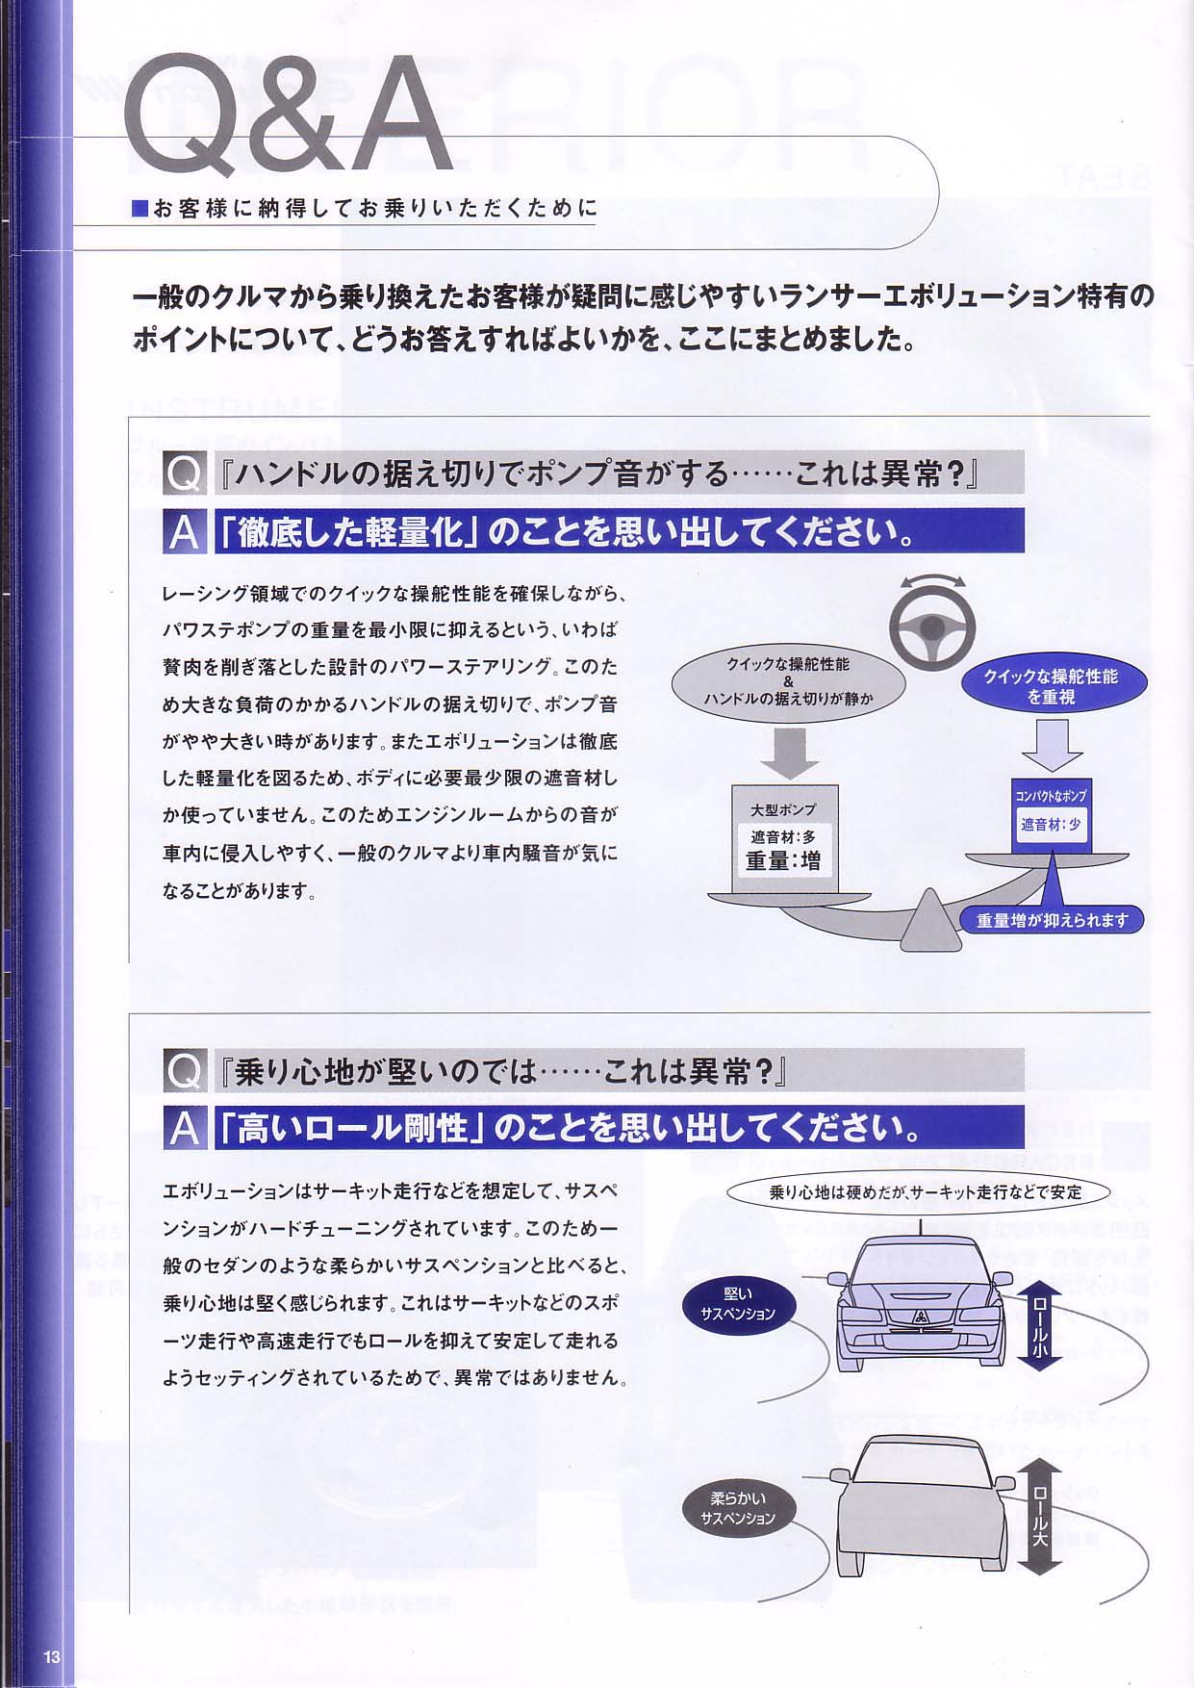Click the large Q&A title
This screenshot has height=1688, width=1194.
pyautogui.click(x=289, y=115)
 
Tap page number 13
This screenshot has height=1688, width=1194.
pyautogui.click(x=52, y=1656)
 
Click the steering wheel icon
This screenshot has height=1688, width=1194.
pyautogui.click(x=929, y=628)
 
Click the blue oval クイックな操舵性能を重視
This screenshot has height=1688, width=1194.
pyautogui.click(x=1050, y=686)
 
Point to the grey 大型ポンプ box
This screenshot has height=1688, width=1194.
pyautogui.click(x=784, y=838)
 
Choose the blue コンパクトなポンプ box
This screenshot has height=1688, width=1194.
pyautogui.click(x=1051, y=814)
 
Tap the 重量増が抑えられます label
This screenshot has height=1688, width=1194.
pyautogui.click(x=1052, y=920)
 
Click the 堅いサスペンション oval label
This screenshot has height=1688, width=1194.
pyautogui.click(x=738, y=1305)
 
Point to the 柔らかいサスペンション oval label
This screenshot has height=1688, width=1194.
pyautogui.click(x=738, y=1509)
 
